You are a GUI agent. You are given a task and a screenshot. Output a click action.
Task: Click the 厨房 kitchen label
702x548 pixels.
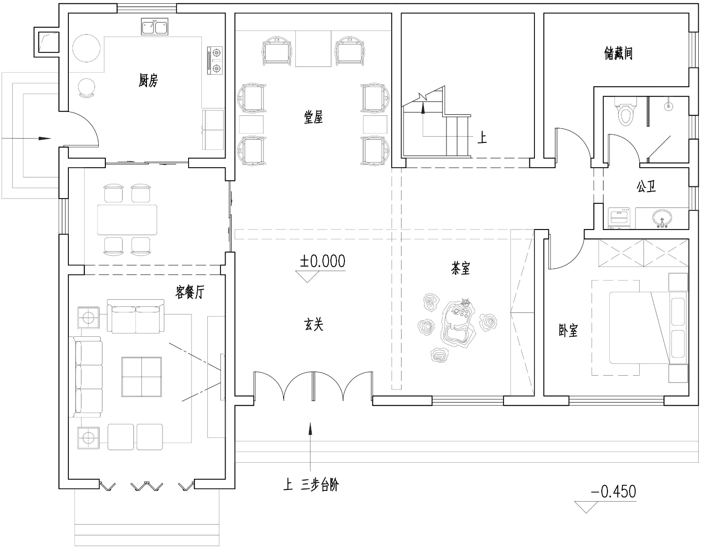point(148,80)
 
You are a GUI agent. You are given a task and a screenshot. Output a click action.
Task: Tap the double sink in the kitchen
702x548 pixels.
point(154,27)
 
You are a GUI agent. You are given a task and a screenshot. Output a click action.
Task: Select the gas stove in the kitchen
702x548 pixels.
point(215,60)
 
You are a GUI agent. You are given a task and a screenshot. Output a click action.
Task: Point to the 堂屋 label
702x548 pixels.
point(313,117)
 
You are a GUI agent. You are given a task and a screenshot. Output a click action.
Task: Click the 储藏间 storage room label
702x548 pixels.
point(618,53)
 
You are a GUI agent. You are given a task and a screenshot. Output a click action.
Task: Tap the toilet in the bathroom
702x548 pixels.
point(625,111)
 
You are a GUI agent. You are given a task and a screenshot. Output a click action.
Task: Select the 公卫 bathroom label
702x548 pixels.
point(646,186)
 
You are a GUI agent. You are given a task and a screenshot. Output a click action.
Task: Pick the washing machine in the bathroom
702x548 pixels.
point(619,218)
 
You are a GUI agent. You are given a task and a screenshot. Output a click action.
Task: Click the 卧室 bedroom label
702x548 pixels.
point(568,330)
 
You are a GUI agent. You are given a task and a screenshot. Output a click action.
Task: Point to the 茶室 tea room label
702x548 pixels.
point(461,268)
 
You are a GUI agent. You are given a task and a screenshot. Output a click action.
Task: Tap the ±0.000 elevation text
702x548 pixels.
point(322,261)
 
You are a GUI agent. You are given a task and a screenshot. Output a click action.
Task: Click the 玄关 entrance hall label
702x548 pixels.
point(314,324)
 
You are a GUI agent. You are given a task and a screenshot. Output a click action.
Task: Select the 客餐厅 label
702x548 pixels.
point(190,292)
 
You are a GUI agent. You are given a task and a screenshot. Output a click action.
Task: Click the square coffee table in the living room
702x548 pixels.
point(141,377)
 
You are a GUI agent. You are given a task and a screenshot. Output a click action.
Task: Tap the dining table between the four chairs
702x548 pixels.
point(127,220)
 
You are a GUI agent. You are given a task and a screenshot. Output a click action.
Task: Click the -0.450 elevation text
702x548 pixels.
point(613,491)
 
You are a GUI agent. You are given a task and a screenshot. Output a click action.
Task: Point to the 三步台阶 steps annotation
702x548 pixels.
point(320,485)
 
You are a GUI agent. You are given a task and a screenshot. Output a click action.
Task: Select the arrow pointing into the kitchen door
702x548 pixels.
point(26,139)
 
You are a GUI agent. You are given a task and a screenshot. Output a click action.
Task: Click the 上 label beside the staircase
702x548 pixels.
point(482,137)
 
